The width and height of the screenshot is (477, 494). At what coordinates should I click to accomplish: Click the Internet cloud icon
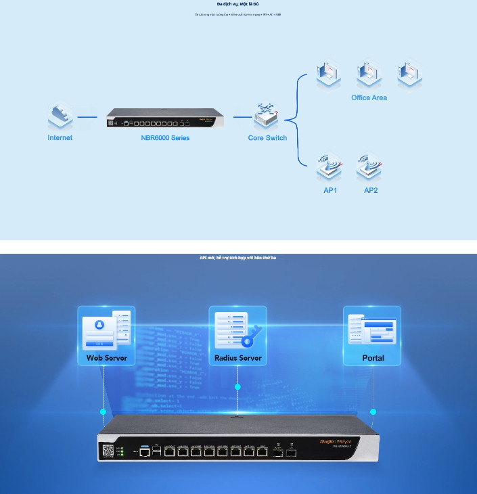click(60, 116)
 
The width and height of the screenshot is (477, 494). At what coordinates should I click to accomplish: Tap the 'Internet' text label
click(60, 138)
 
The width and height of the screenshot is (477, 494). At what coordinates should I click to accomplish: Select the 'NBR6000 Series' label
click(160, 138)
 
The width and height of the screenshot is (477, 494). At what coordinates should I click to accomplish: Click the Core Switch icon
click(267, 117)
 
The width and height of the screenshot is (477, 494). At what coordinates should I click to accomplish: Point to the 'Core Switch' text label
click(267, 138)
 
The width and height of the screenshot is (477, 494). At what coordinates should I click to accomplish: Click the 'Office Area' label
click(369, 98)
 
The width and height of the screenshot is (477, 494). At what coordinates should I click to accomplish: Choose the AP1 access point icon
click(330, 166)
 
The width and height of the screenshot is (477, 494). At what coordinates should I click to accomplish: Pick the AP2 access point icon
click(370, 166)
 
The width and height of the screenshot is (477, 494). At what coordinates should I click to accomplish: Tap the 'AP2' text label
click(371, 191)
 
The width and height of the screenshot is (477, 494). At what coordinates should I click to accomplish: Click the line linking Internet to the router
click(87, 117)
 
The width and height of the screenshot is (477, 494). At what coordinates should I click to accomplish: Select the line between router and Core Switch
click(242, 117)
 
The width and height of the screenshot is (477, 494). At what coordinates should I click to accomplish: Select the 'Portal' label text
click(372, 358)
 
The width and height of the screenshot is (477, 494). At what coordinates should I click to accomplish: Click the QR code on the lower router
click(108, 451)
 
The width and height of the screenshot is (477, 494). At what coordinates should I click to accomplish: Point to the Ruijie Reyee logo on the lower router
click(336, 441)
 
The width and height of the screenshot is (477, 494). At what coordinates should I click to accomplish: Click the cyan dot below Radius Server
click(237, 387)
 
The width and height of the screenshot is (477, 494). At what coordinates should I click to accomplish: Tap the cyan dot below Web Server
click(104, 411)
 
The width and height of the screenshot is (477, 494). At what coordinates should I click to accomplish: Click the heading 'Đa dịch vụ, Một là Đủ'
click(237, 4)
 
